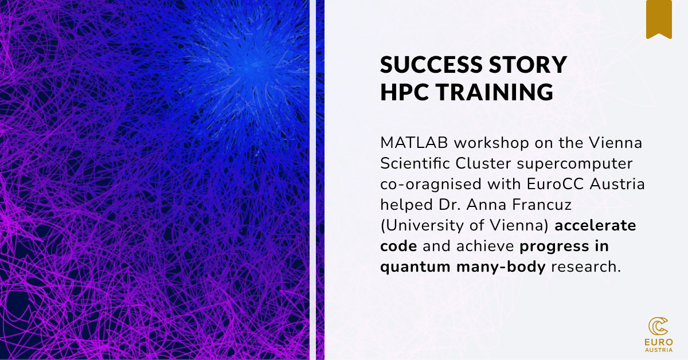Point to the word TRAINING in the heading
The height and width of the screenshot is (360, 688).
coord(499,92)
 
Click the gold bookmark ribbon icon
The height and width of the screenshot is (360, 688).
coord(659,19)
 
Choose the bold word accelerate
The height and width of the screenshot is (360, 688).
coord(596,225)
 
